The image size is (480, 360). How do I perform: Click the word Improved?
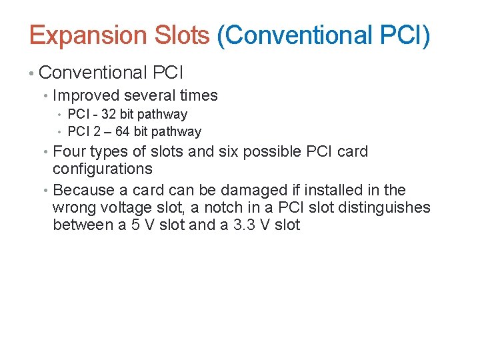(83, 95)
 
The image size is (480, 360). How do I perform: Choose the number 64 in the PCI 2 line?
(123, 131)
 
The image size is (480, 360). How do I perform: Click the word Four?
(69, 151)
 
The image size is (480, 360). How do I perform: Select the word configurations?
(103, 169)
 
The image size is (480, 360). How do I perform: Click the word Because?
(84, 191)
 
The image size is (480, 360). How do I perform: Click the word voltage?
(118, 208)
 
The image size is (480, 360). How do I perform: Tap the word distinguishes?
(385, 208)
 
